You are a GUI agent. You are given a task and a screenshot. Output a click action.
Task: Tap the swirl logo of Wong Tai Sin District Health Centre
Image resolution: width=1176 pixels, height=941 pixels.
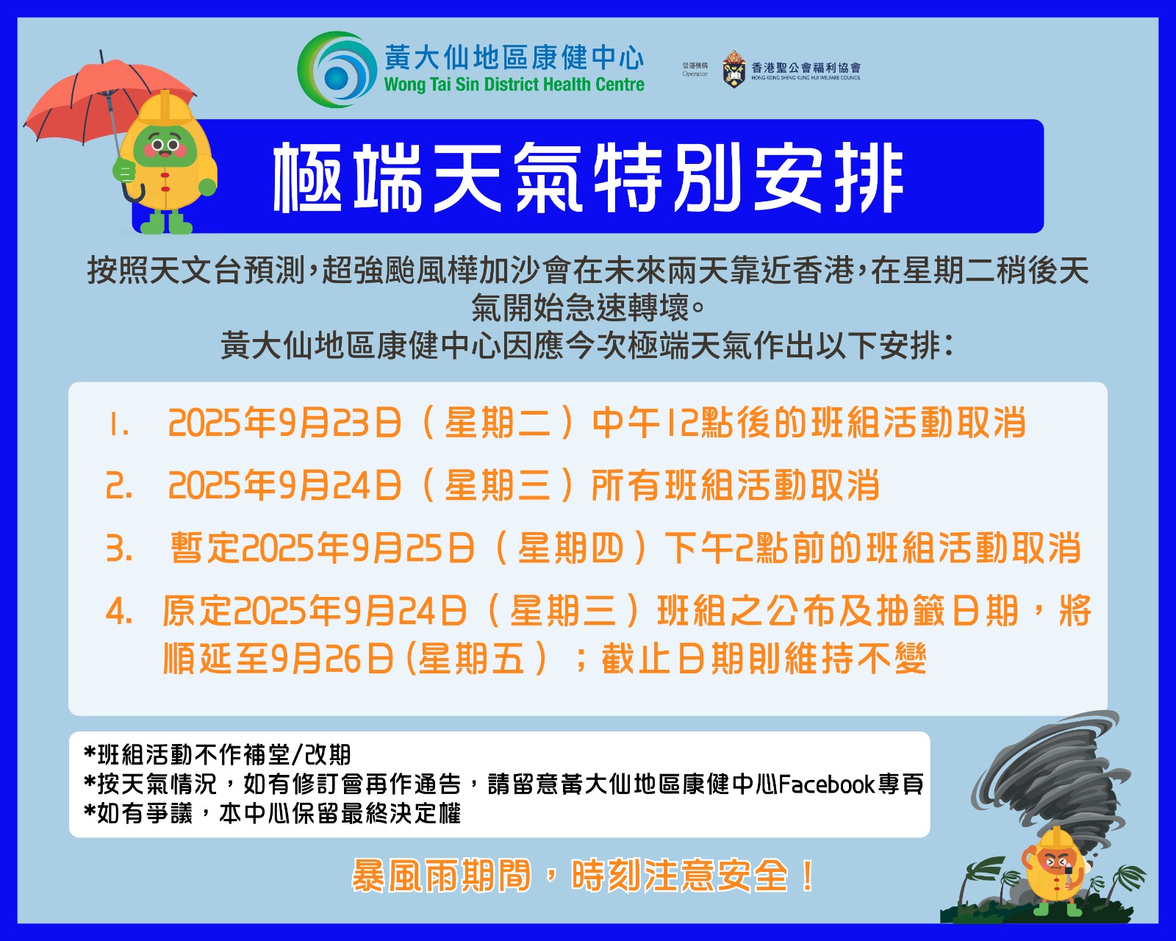(337, 69)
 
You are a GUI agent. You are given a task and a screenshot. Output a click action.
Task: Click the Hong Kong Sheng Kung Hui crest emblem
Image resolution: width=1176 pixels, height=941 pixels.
(734, 69)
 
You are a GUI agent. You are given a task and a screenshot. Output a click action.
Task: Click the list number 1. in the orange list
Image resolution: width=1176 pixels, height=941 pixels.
(118, 423)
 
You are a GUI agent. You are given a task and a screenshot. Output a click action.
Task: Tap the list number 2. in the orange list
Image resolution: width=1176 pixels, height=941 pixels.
(119, 486)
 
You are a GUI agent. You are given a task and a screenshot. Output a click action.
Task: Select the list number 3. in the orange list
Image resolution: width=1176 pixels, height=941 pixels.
(119, 548)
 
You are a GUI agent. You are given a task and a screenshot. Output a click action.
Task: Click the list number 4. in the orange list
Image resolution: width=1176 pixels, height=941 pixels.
(119, 611)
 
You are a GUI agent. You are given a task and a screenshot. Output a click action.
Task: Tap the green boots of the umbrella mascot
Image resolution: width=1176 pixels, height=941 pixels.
(166, 223)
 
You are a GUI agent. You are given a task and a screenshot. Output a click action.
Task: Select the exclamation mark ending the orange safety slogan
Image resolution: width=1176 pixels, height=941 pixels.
(807, 876)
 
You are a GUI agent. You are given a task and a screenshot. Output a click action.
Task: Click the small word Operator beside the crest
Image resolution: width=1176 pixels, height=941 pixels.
(695, 74)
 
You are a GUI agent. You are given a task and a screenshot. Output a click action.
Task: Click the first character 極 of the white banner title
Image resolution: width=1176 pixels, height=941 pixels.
(308, 178)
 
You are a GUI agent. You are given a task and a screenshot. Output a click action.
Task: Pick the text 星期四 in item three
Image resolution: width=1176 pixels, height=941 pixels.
(570, 548)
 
